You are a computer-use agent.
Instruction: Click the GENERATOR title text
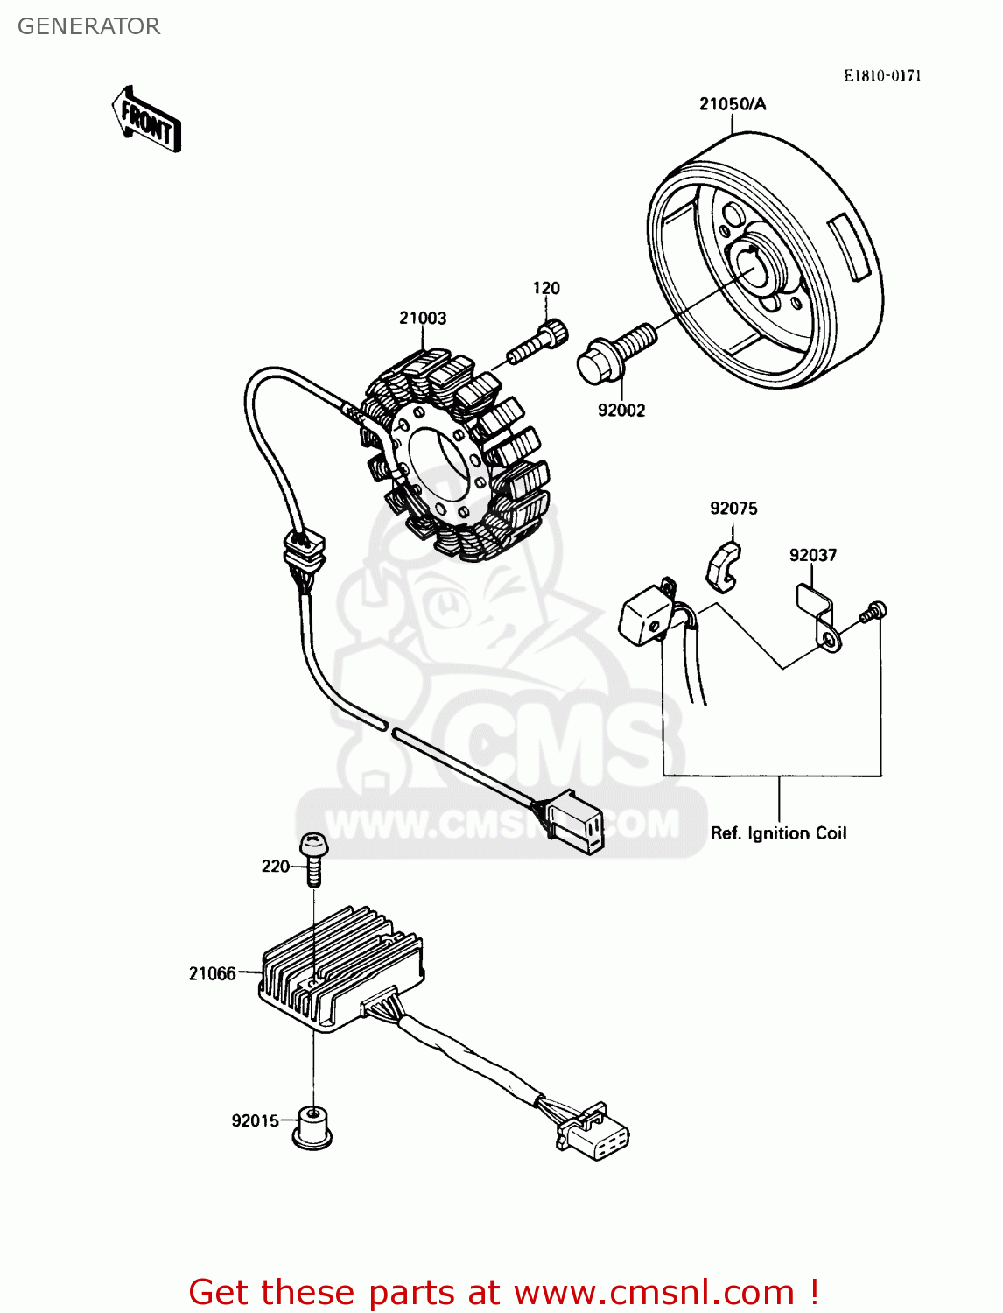pos(88,26)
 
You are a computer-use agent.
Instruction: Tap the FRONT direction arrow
pos(146,120)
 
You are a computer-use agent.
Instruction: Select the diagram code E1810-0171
pos(881,75)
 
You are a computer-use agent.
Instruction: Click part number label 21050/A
pos(732,104)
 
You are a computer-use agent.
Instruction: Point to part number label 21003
pos(423,318)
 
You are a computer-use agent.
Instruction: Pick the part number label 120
pos(546,288)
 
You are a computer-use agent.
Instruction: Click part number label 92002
pos(621,410)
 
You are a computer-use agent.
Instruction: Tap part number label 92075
pos(733,509)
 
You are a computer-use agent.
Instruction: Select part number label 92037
pos(812,555)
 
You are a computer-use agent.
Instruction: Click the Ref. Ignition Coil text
pos(778,833)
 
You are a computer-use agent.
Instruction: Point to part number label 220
pos(275,866)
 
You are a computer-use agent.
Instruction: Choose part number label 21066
pos(212,973)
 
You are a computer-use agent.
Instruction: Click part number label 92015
pos(255,1120)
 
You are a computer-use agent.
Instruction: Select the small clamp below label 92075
pos(724,565)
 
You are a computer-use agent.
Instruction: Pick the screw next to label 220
pos(312,858)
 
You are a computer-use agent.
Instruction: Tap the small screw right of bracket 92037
pos(873,612)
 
